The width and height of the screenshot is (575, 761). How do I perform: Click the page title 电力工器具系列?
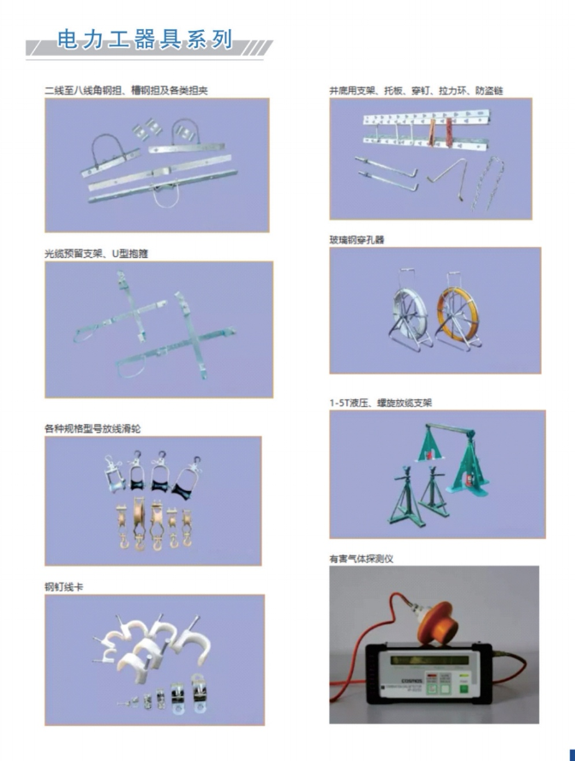(x=144, y=39)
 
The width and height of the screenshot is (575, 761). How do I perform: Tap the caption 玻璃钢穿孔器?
(x=356, y=240)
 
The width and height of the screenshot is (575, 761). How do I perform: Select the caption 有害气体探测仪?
(x=361, y=559)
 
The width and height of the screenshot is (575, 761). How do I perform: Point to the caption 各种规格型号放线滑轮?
(x=93, y=428)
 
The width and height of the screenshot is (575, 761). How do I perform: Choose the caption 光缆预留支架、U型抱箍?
(x=96, y=254)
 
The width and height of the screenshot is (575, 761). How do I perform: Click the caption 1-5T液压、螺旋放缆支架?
(x=380, y=403)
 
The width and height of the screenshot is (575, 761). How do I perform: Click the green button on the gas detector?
(x=464, y=688)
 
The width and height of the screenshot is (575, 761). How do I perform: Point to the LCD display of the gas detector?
(x=429, y=661)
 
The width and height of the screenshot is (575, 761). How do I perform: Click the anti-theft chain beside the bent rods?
(x=488, y=183)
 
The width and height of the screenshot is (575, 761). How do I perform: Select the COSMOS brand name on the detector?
(x=411, y=681)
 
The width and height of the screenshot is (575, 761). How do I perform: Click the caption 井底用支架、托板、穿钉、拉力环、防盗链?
(x=416, y=90)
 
